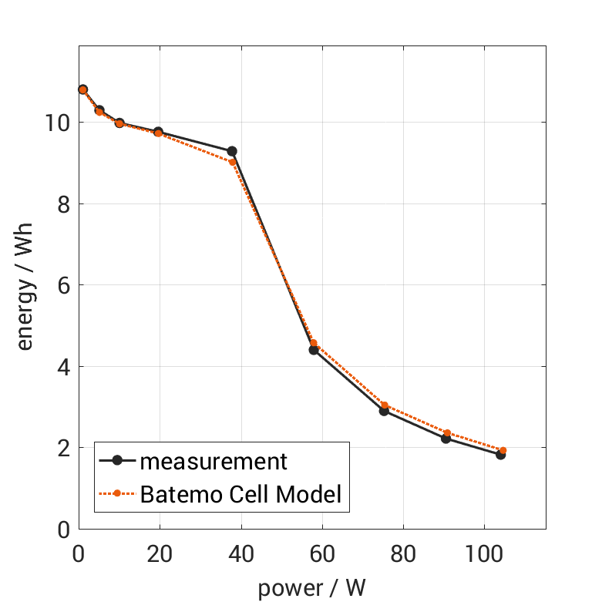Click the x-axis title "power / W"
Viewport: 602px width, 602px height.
311,587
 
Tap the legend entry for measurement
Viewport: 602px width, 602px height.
213,461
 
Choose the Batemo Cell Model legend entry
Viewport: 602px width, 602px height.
240,494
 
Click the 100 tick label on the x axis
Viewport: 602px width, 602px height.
484,554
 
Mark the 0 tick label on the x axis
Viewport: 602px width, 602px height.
79,554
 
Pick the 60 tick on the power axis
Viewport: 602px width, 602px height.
322,554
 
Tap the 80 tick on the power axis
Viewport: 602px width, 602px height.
403,554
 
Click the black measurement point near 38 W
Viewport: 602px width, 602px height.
231,151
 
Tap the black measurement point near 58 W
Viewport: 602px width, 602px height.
314,350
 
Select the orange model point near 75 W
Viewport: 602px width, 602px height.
384,405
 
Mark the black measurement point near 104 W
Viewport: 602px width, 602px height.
500,455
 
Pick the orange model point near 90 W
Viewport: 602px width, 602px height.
447,433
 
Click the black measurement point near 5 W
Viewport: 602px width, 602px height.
99,110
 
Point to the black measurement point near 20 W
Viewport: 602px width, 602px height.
158,132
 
